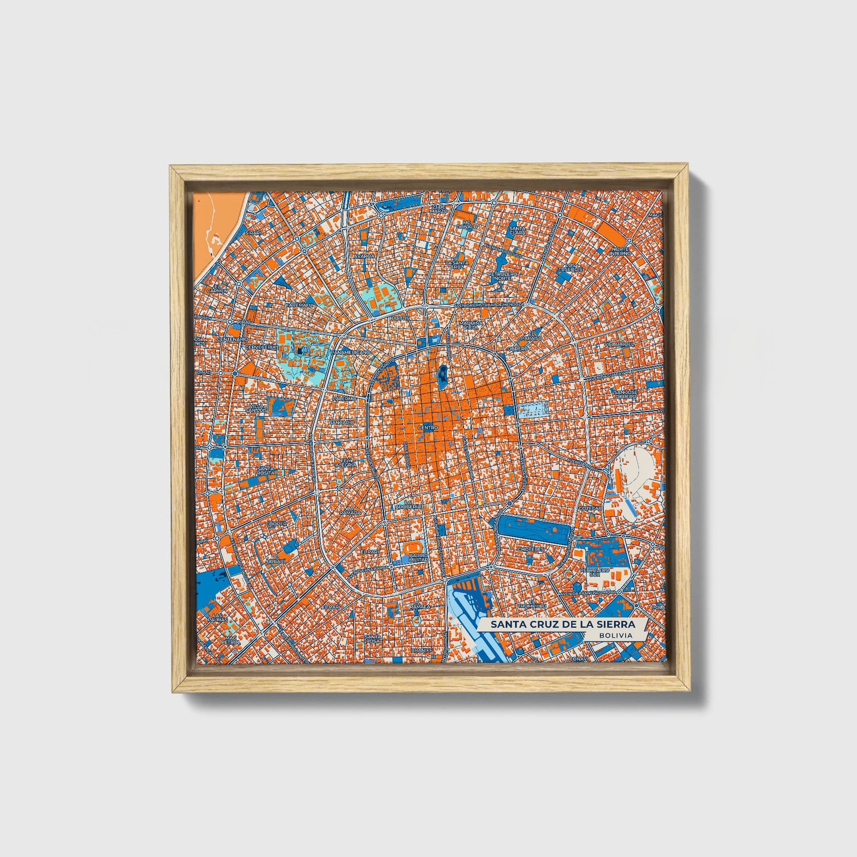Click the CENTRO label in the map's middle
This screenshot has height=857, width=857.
[428, 428]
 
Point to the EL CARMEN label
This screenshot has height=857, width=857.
[221, 288]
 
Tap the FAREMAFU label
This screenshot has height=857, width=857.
[300, 306]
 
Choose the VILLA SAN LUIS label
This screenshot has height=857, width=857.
[257, 408]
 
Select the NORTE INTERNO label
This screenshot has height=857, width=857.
[620, 251]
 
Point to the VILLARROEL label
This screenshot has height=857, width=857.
[617, 344]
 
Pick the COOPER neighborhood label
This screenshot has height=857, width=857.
[273, 524]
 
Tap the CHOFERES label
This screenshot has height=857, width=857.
[531, 549]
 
